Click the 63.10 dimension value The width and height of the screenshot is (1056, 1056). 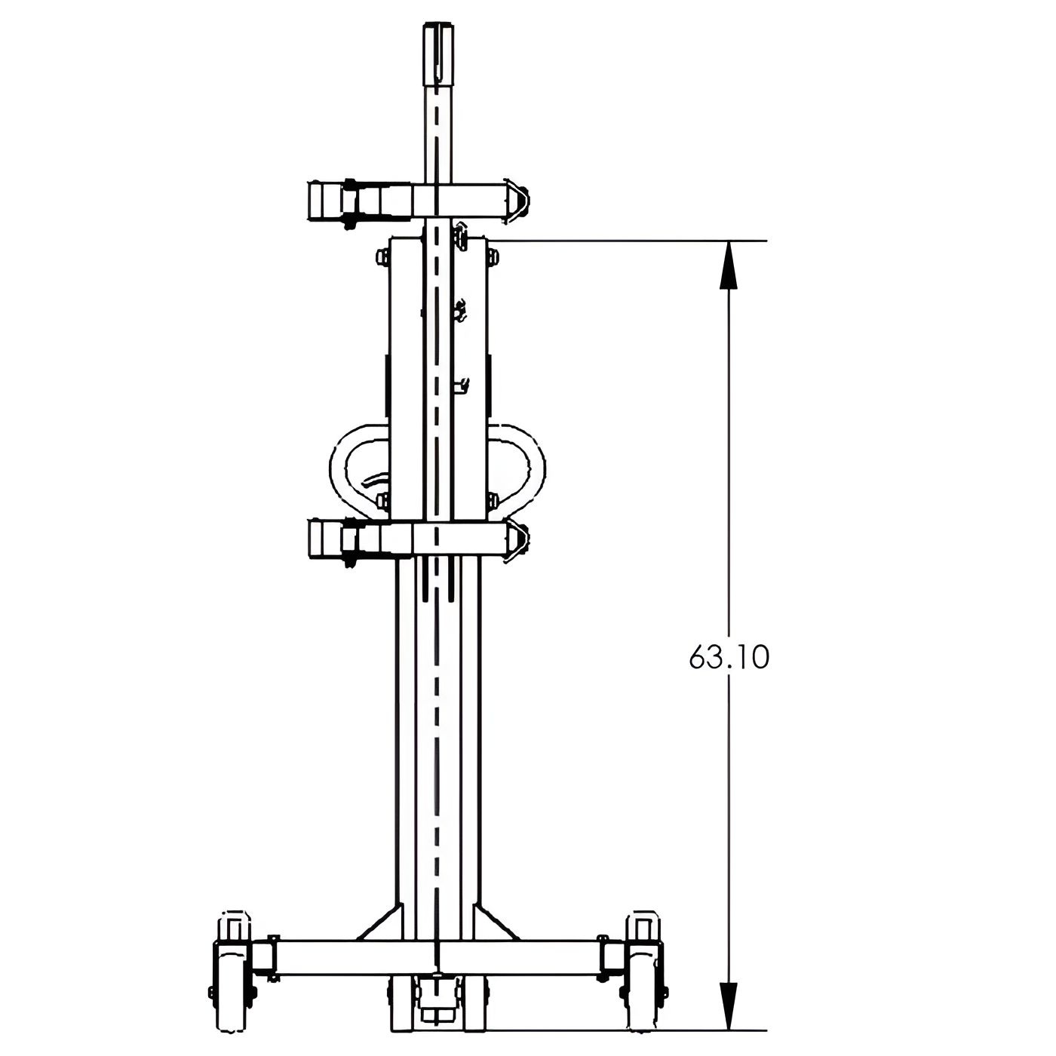coord(729,658)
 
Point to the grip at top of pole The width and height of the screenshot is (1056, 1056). coord(437,53)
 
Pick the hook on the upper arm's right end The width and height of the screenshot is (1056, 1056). coord(516,201)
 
